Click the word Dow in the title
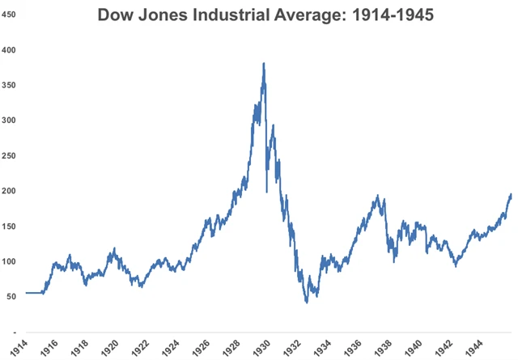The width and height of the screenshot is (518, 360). (x=117, y=15)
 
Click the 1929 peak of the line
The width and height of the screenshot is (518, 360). (x=264, y=63)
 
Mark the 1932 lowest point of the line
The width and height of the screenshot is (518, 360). (x=307, y=303)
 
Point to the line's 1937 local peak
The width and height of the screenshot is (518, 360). (x=377, y=196)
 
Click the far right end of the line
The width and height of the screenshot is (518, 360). (x=511, y=194)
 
